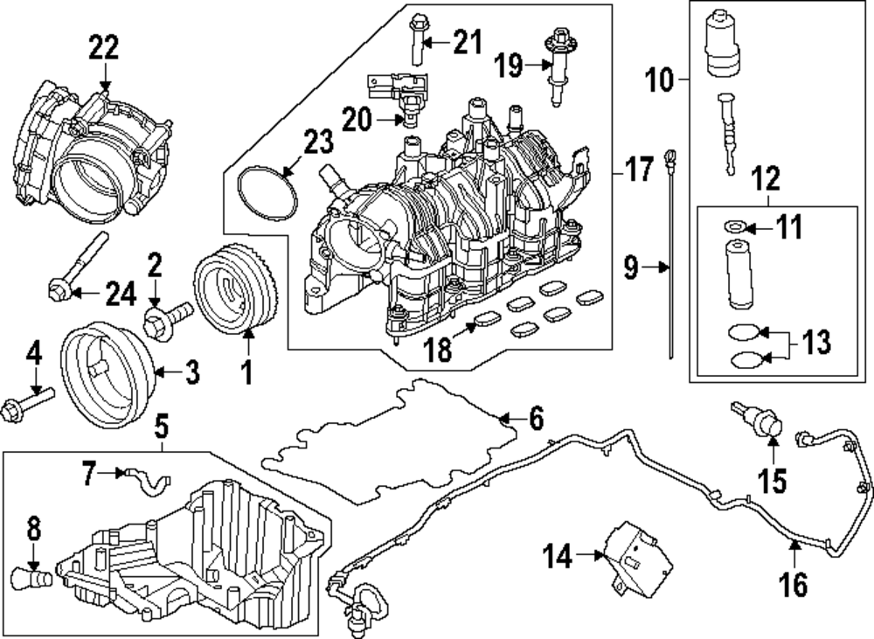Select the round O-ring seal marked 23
(267, 199)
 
